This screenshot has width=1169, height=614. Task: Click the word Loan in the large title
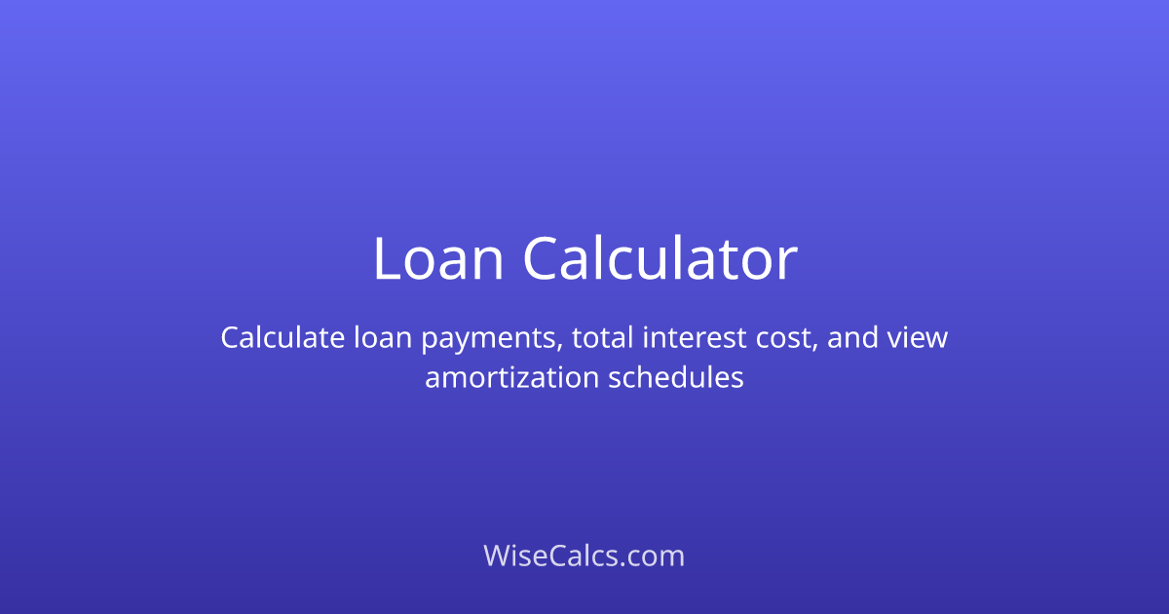(x=437, y=259)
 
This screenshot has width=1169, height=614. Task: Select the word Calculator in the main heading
(x=660, y=259)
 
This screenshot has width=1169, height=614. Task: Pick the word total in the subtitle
(x=602, y=338)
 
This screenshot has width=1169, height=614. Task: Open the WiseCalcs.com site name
(x=584, y=556)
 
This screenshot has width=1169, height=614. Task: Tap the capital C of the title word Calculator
(x=542, y=259)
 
